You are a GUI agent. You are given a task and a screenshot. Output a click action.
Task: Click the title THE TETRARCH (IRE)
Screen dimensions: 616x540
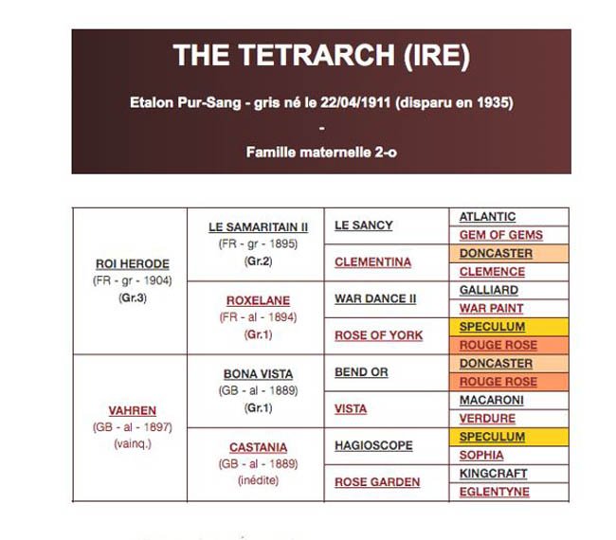pyautogui.click(x=321, y=55)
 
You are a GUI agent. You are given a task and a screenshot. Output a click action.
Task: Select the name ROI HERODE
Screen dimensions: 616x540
pyautogui.click(x=133, y=264)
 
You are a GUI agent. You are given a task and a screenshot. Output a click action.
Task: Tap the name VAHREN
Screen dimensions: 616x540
pyautogui.click(x=133, y=411)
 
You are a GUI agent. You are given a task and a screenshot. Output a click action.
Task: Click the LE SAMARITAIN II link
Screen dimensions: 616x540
pyautogui.click(x=258, y=227)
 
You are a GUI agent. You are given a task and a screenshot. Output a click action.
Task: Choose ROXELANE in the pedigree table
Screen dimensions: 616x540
pyautogui.click(x=258, y=300)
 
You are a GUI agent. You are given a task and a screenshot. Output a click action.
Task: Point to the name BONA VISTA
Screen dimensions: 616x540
pyautogui.click(x=258, y=374)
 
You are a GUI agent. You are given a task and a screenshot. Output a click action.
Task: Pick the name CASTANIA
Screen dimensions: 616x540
pyautogui.click(x=258, y=447)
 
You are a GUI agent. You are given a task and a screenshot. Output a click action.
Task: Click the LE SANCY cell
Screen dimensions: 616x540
pyautogui.click(x=363, y=225)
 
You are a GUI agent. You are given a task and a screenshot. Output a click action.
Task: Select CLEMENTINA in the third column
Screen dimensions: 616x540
pyautogui.click(x=372, y=262)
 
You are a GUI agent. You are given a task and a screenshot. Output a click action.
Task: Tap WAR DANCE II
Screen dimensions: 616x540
pyautogui.click(x=375, y=298)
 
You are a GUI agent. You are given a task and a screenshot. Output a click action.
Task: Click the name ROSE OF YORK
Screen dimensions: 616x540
pyautogui.click(x=379, y=335)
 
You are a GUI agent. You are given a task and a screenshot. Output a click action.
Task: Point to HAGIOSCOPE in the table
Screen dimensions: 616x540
pyautogui.click(x=373, y=446)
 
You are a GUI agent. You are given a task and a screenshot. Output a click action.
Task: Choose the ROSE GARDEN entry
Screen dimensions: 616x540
pyautogui.click(x=377, y=482)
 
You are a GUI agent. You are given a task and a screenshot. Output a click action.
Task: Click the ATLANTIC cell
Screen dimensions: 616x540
pyautogui.click(x=487, y=217)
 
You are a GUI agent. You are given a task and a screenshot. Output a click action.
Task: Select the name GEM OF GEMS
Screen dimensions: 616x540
pyautogui.click(x=501, y=235)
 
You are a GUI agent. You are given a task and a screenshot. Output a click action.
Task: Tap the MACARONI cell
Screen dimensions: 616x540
pyautogui.click(x=492, y=400)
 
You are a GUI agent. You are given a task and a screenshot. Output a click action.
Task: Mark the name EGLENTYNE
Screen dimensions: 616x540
pyautogui.click(x=494, y=492)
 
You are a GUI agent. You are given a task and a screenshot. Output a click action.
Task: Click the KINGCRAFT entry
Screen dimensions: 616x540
pyautogui.click(x=493, y=474)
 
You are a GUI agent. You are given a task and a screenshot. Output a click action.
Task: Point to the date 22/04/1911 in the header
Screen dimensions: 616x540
pyautogui.click(x=355, y=102)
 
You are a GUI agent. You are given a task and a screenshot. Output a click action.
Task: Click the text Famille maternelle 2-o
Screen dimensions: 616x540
pyautogui.click(x=321, y=153)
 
